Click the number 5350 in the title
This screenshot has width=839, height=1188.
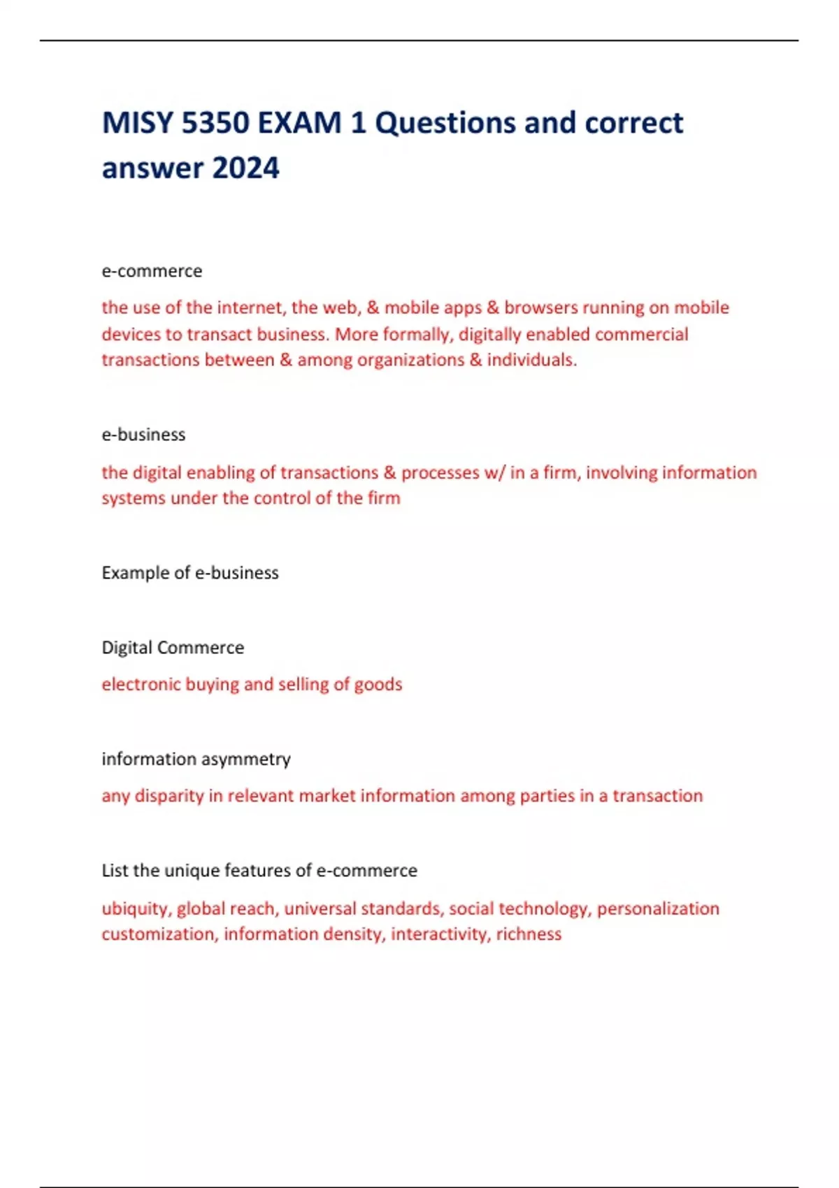pyautogui.click(x=215, y=123)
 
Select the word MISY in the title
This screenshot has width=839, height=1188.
pyautogui.click(x=137, y=123)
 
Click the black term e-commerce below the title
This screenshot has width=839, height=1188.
pyautogui.click(x=152, y=271)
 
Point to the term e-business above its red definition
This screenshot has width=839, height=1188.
pyautogui.click(x=143, y=435)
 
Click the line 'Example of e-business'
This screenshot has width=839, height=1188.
pyautogui.click(x=190, y=573)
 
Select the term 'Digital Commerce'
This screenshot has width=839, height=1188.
pyautogui.click(x=173, y=648)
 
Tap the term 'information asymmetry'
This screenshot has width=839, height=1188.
pyautogui.click(x=196, y=759)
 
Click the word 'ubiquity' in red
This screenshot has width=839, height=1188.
pyautogui.click(x=136, y=908)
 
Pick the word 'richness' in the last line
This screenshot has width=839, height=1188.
pyautogui.click(x=529, y=934)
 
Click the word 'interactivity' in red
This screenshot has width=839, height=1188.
pyautogui.click(x=440, y=934)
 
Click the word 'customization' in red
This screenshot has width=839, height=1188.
pyautogui.click(x=158, y=934)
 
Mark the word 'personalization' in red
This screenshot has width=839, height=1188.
pyautogui.click(x=657, y=908)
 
